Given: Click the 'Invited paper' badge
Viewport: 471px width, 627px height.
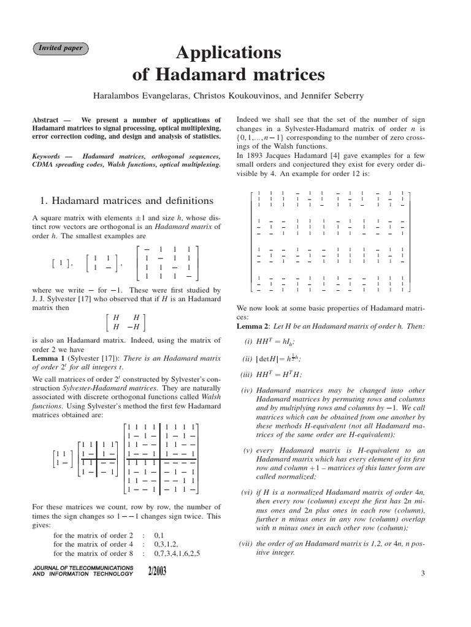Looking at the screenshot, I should click(61, 48).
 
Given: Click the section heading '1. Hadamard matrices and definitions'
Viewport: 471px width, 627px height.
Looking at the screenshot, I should click(127, 200).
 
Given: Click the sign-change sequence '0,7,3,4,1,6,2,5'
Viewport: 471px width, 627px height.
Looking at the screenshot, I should click(177, 553).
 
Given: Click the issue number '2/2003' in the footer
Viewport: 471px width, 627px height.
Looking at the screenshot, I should click(156, 572).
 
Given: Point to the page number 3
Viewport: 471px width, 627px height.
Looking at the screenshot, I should click(423, 573).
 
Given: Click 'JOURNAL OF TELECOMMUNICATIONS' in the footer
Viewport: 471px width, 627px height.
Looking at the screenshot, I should click(82, 568).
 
